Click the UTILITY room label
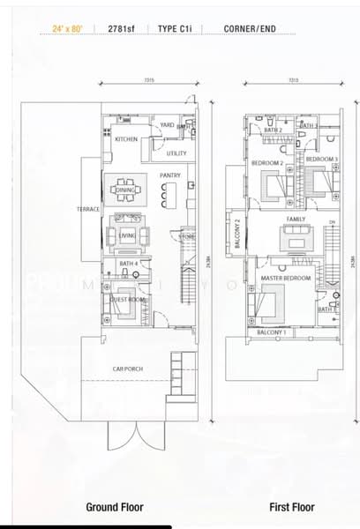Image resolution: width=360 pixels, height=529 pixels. click(x=176, y=154)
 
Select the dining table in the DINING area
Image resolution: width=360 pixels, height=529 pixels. click(x=124, y=189)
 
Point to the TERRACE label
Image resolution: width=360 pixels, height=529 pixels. click(x=88, y=210)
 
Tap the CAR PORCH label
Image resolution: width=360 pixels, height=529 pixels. click(x=128, y=369)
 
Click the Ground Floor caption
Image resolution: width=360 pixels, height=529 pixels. click(x=114, y=507)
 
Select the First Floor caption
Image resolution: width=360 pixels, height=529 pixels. click(x=292, y=507)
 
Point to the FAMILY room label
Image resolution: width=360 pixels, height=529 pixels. click(x=296, y=218)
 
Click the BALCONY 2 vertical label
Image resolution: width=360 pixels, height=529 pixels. click(x=236, y=235)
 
